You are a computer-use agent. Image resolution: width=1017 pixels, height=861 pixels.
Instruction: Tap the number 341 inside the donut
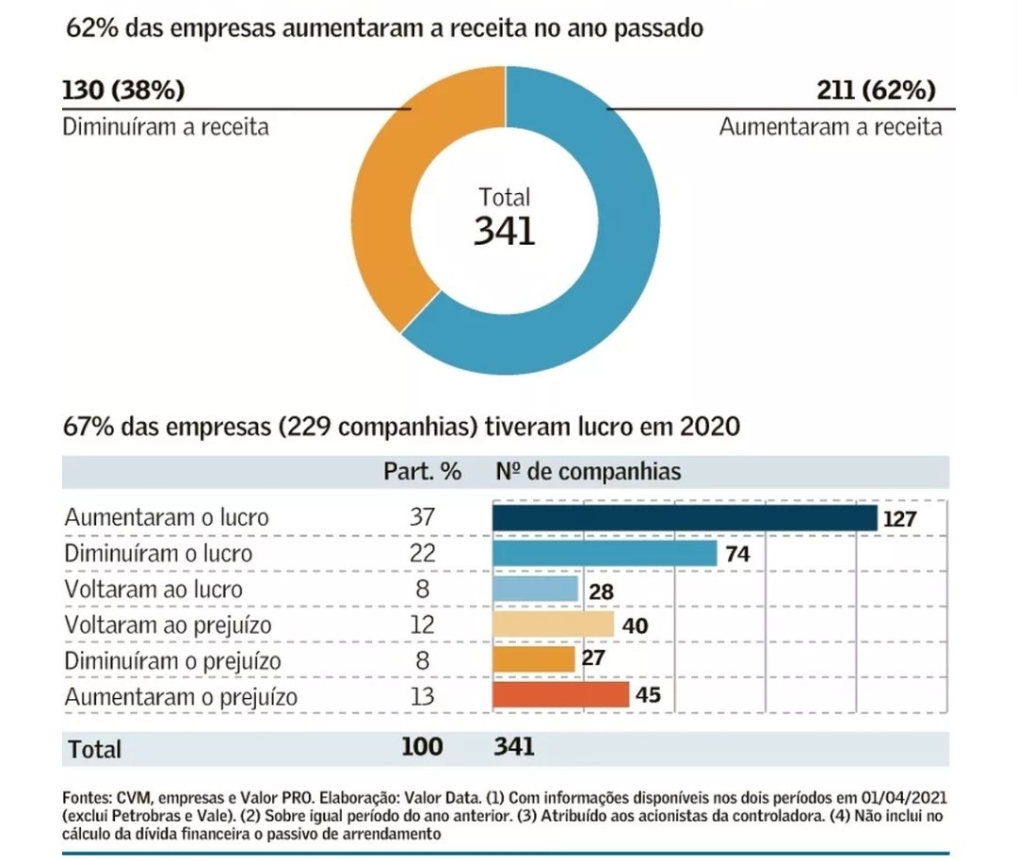click(505, 231)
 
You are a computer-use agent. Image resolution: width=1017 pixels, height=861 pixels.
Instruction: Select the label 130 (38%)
click(123, 90)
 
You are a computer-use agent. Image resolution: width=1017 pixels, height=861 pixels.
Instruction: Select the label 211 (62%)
click(876, 90)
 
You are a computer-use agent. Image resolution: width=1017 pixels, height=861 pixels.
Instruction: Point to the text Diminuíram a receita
click(166, 126)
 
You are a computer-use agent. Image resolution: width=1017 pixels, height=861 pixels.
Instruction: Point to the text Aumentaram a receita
click(831, 126)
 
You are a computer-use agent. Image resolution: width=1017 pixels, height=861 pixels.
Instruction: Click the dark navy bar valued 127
click(685, 517)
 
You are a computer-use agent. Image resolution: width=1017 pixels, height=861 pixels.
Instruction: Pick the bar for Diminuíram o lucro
click(605, 553)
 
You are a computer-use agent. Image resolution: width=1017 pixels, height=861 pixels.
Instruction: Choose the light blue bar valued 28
click(536, 589)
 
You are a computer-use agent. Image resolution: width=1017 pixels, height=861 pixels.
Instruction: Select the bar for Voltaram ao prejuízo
click(554, 625)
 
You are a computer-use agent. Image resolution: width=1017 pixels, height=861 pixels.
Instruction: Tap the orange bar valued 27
click(534, 658)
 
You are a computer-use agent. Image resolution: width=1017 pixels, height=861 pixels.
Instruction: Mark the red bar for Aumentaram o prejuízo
click(561, 695)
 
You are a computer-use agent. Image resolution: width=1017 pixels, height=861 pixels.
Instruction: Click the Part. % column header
click(422, 472)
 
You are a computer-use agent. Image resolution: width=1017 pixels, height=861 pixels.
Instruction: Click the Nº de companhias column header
click(588, 472)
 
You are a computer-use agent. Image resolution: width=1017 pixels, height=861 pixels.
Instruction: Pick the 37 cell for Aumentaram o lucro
click(423, 518)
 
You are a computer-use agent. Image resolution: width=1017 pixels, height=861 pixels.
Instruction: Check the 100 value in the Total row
click(422, 747)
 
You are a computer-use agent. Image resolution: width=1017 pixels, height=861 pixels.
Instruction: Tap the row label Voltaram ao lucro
click(153, 590)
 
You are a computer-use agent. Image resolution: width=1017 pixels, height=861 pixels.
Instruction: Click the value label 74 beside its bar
click(737, 554)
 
